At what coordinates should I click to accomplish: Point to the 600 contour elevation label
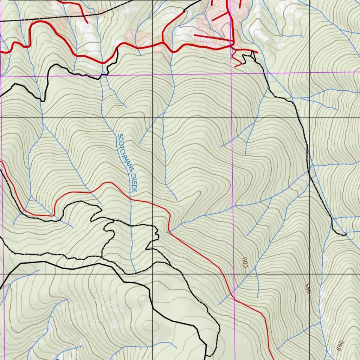click(245, 262)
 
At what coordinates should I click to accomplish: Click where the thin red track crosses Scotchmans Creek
click(131, 199)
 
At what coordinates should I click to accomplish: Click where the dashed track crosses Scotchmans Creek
click(131, 224)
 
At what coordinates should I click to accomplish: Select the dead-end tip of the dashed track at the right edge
click(346, 234)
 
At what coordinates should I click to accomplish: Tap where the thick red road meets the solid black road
click(117, 49)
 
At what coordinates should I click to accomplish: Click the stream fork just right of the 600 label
click(256, 271)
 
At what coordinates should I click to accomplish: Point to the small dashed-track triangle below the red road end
click(252, 54)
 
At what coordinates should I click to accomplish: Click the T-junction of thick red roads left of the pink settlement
click(163, 43)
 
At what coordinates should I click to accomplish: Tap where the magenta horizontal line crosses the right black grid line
click(309, 73)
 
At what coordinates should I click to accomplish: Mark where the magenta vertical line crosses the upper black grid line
click(232, 117)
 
